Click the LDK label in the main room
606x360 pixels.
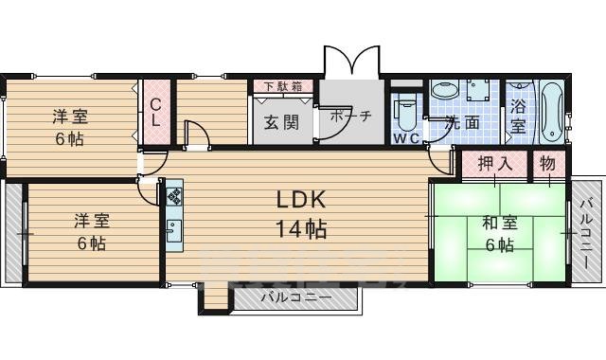301,200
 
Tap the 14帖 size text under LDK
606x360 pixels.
301,228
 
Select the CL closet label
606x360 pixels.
156,113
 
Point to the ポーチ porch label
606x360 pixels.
350,116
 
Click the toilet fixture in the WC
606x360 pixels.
404,112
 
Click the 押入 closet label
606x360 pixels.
494,163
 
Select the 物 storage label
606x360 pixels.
548,163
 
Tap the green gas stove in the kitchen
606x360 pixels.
174,197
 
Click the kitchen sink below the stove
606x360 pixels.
174,230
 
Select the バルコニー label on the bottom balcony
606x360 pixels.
295,297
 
